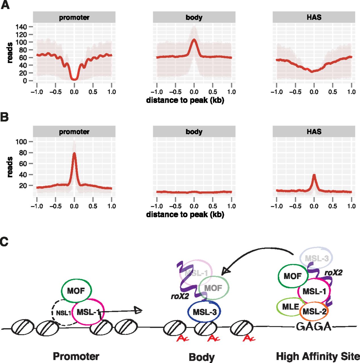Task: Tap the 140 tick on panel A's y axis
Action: pos(21,27)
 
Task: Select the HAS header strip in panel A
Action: pos(314,17)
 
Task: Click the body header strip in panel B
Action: pos(194,132)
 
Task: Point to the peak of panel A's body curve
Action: pos(194,40)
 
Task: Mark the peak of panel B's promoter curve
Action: pos(74,153)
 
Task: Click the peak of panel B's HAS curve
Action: pos(314,175)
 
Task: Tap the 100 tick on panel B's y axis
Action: pos(21,142)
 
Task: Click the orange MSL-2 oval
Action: pos(314,311)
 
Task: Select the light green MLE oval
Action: pos(290,307)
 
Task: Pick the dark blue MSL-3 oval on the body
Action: pos(204,312)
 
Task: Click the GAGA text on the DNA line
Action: pos(314,327)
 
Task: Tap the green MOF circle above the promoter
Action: pos(76,291)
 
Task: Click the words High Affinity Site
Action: pos(318,356)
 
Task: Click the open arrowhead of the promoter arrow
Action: pos(138,311)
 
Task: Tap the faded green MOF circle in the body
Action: pos(213,288)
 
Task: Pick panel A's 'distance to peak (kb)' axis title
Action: pos(185,100)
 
